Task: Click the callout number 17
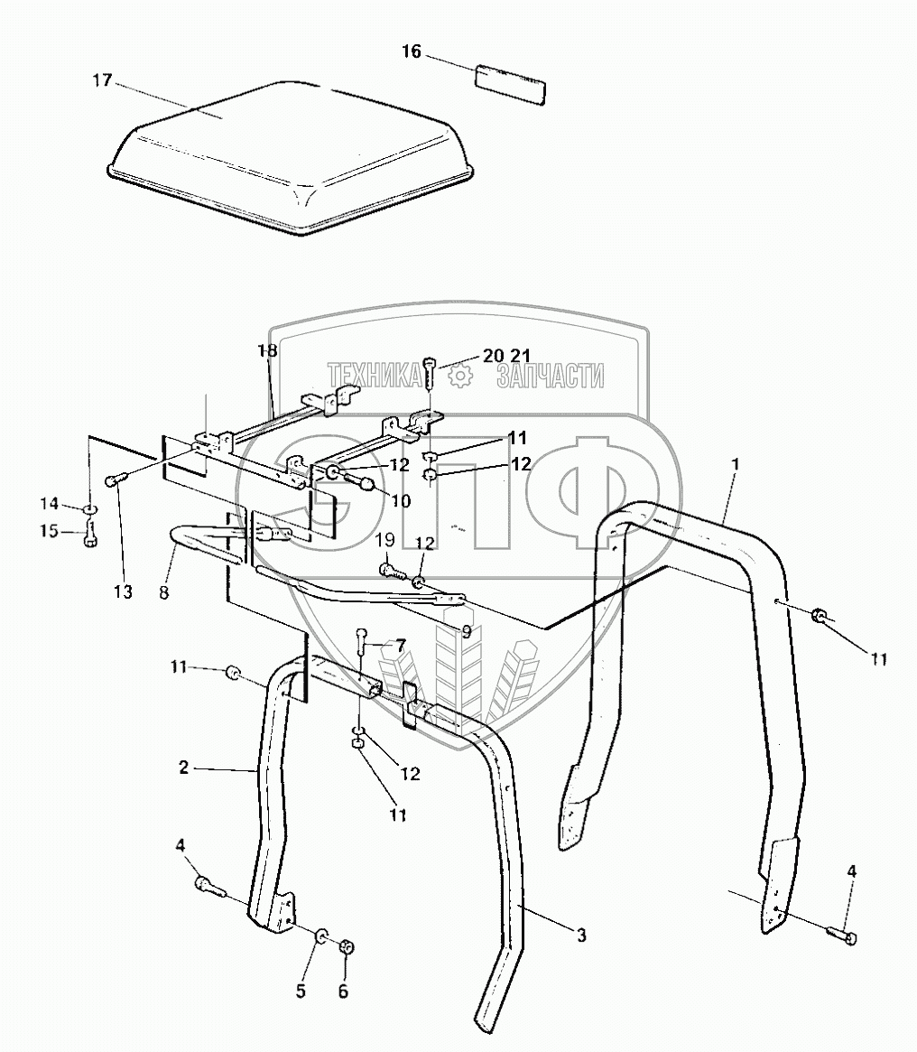click(x=101, y=80)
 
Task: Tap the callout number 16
click(x=411, y=51)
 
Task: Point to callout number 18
click(x=267, y=349)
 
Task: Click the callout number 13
click(x=123, y=592)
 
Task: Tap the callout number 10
click(x=400, y=499)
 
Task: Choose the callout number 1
click(x=736, y=462)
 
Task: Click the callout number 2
click(x=183, y=768)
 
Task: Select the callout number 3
click(x=581, y=936)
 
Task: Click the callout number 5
click(x=301, y=991)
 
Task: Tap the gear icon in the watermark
click(x=460, y=376)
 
